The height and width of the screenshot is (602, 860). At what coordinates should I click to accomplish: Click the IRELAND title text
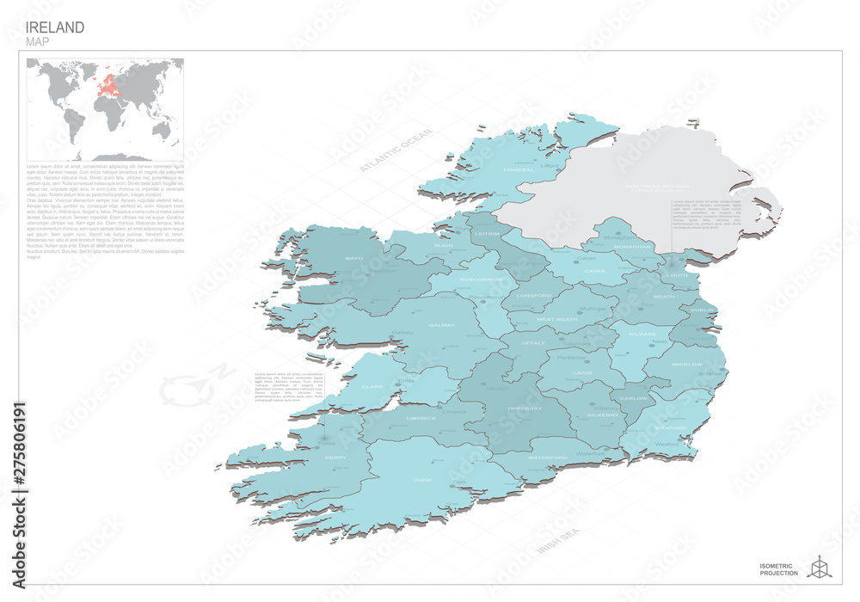coord(55,27)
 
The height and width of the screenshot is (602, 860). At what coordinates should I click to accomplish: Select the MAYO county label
coord(353,258)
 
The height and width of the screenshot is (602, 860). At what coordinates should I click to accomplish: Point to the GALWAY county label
coord(440,326)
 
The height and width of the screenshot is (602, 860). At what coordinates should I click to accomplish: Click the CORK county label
coord(422,480)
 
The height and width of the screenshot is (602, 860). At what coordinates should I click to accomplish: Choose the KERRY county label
coord(335,458)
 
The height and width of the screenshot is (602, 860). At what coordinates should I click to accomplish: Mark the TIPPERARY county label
coord(525,408)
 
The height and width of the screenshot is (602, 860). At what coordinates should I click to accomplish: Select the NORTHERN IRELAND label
coord(657,187)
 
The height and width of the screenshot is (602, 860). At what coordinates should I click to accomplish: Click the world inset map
coord(104,108)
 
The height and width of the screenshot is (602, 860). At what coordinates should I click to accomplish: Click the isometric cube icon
coord(820,565)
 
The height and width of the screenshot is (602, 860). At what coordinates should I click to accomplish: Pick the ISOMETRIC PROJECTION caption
coord(779,568)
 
